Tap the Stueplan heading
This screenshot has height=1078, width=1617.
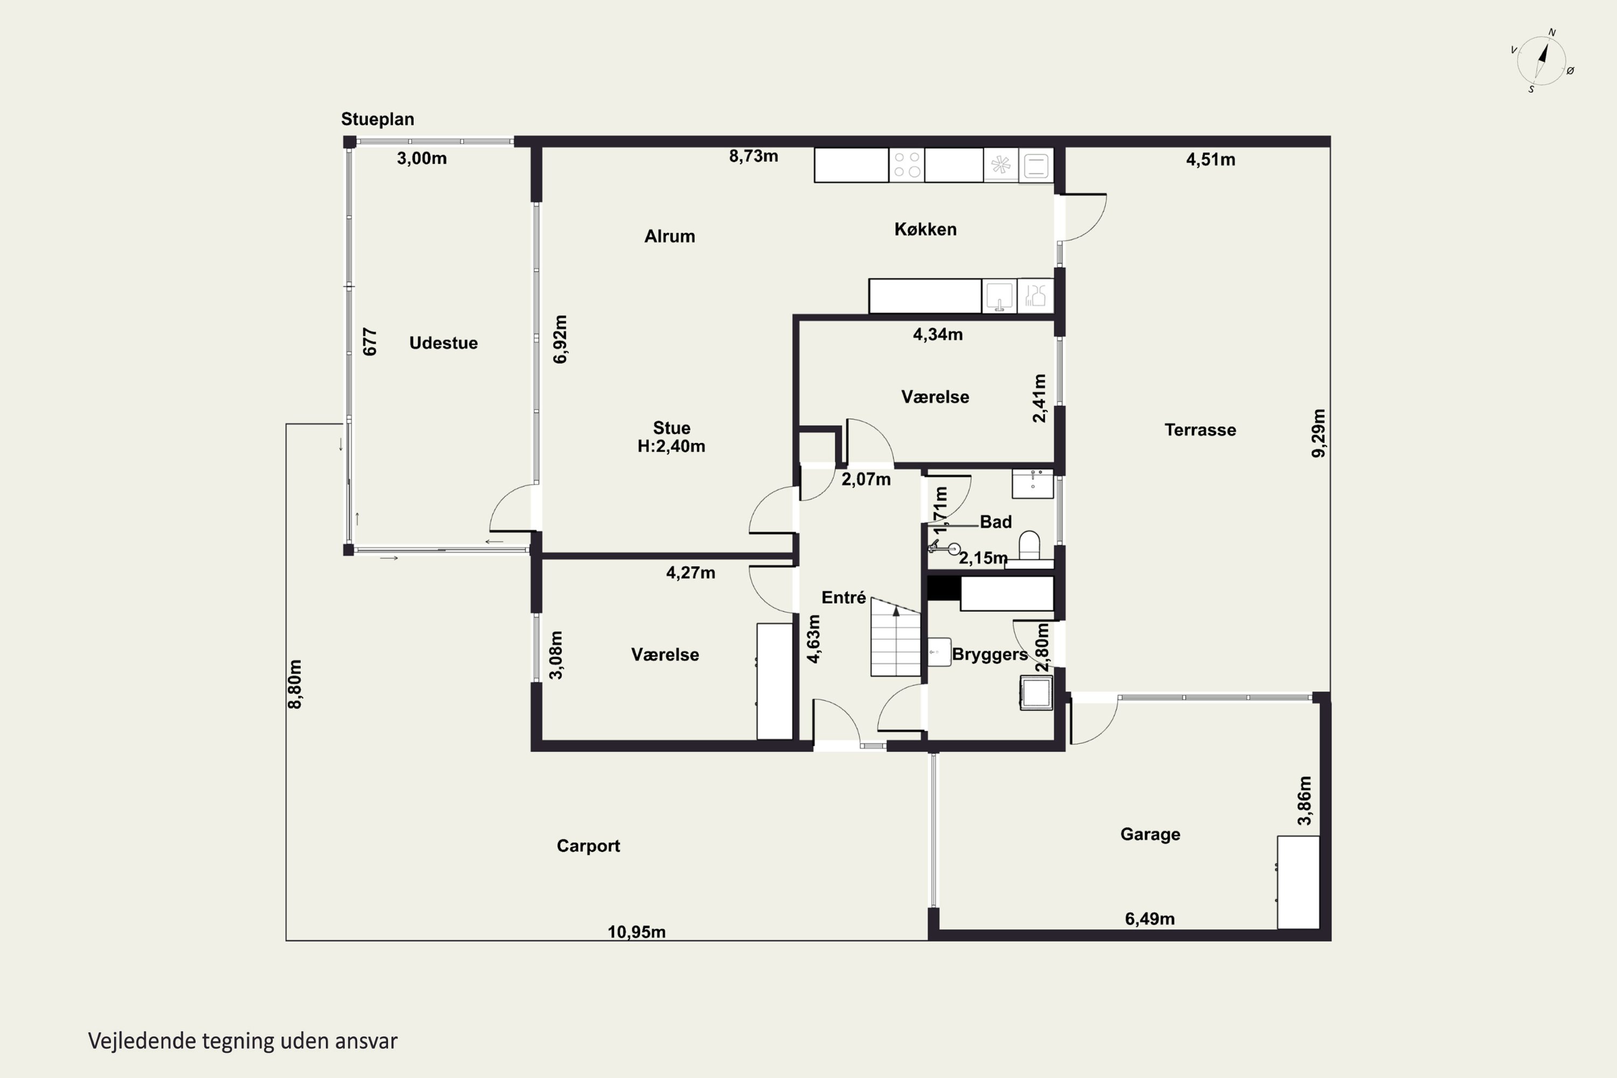tap(377, 120)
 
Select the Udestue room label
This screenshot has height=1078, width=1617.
tap(444, 343)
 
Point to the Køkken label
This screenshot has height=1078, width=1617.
tap(925, 230)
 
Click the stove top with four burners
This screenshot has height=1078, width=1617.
tap(907, 165)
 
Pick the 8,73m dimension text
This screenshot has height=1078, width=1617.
tap(754, 157)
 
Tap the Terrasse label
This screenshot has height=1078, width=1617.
tap(1200, 430)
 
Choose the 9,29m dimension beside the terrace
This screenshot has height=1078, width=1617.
tap(1318, 433)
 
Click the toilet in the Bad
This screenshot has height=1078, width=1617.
tap(1029, 546)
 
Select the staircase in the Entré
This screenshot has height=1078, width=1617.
tap(896, 637)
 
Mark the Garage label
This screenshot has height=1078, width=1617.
tap(1150, 834)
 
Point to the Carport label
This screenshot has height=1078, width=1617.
tap(589, 846)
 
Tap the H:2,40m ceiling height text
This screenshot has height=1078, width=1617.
tap(671, 447)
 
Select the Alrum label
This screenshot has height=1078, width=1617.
tap(669, 237)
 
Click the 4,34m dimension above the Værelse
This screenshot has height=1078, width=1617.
tap(938, 335)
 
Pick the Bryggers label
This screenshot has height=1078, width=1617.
tap(990, 654)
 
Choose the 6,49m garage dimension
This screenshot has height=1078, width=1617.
tap(1150, 919)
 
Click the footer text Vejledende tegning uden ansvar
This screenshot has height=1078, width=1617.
tap(243, 1041)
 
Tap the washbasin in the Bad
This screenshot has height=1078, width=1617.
tap(1033, 483)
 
